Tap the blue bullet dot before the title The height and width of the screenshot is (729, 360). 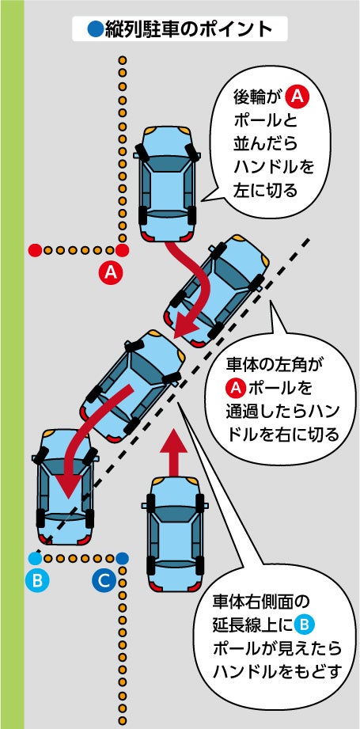coord(94,29)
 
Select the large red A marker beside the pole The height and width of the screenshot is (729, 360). coord(112,273)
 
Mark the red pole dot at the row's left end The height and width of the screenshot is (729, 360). coord(35,250)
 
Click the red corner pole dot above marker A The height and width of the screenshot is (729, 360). coord(122,250)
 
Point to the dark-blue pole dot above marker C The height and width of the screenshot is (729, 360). coord(122,558)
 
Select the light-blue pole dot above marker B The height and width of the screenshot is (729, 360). coord(36,558)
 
